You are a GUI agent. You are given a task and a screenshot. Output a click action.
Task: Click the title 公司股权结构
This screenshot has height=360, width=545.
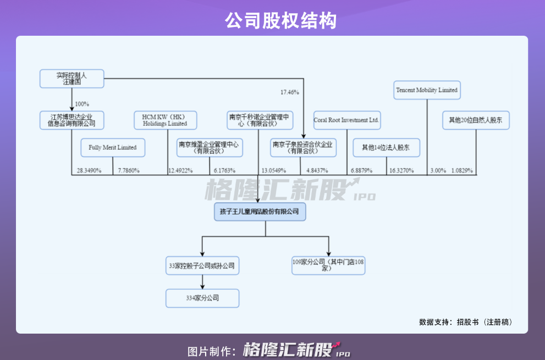(280, 20)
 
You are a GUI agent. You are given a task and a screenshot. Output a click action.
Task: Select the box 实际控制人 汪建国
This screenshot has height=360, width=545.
(71, 79)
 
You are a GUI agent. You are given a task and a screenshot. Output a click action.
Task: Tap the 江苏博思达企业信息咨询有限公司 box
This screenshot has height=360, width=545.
(71, 120)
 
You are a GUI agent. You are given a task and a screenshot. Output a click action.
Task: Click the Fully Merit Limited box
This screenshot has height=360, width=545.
(113, 147)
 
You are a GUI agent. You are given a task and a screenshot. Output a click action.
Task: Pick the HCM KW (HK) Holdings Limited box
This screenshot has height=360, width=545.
(165, 120)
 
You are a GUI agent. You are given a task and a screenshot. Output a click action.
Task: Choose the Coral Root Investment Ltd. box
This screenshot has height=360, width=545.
(346, 120)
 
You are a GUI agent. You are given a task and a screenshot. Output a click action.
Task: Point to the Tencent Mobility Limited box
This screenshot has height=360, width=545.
(427, 90)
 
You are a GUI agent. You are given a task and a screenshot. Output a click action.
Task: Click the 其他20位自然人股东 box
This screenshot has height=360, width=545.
(476, 120)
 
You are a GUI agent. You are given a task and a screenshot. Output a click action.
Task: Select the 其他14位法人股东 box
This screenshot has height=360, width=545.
(387, 147)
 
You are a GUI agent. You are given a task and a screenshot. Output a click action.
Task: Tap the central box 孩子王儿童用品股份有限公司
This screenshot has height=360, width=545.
(260, 211)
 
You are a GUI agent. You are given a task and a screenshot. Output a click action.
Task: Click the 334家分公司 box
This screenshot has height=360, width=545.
(202, 298)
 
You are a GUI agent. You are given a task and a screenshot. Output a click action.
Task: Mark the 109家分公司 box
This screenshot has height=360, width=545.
(328, 265)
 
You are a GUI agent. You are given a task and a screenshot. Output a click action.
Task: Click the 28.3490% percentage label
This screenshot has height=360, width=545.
(89, 170)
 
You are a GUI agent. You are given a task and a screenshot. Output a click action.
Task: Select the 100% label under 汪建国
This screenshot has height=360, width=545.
(82, 104)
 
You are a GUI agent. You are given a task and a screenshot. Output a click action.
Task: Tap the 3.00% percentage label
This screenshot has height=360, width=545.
(438, 170)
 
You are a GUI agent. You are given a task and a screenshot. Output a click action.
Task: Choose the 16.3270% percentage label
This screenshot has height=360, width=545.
(401, 170)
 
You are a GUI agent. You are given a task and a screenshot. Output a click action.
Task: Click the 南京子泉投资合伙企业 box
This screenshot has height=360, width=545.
(303, 147)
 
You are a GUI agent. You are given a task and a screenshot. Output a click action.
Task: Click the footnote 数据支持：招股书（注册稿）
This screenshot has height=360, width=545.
(466, 322)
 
